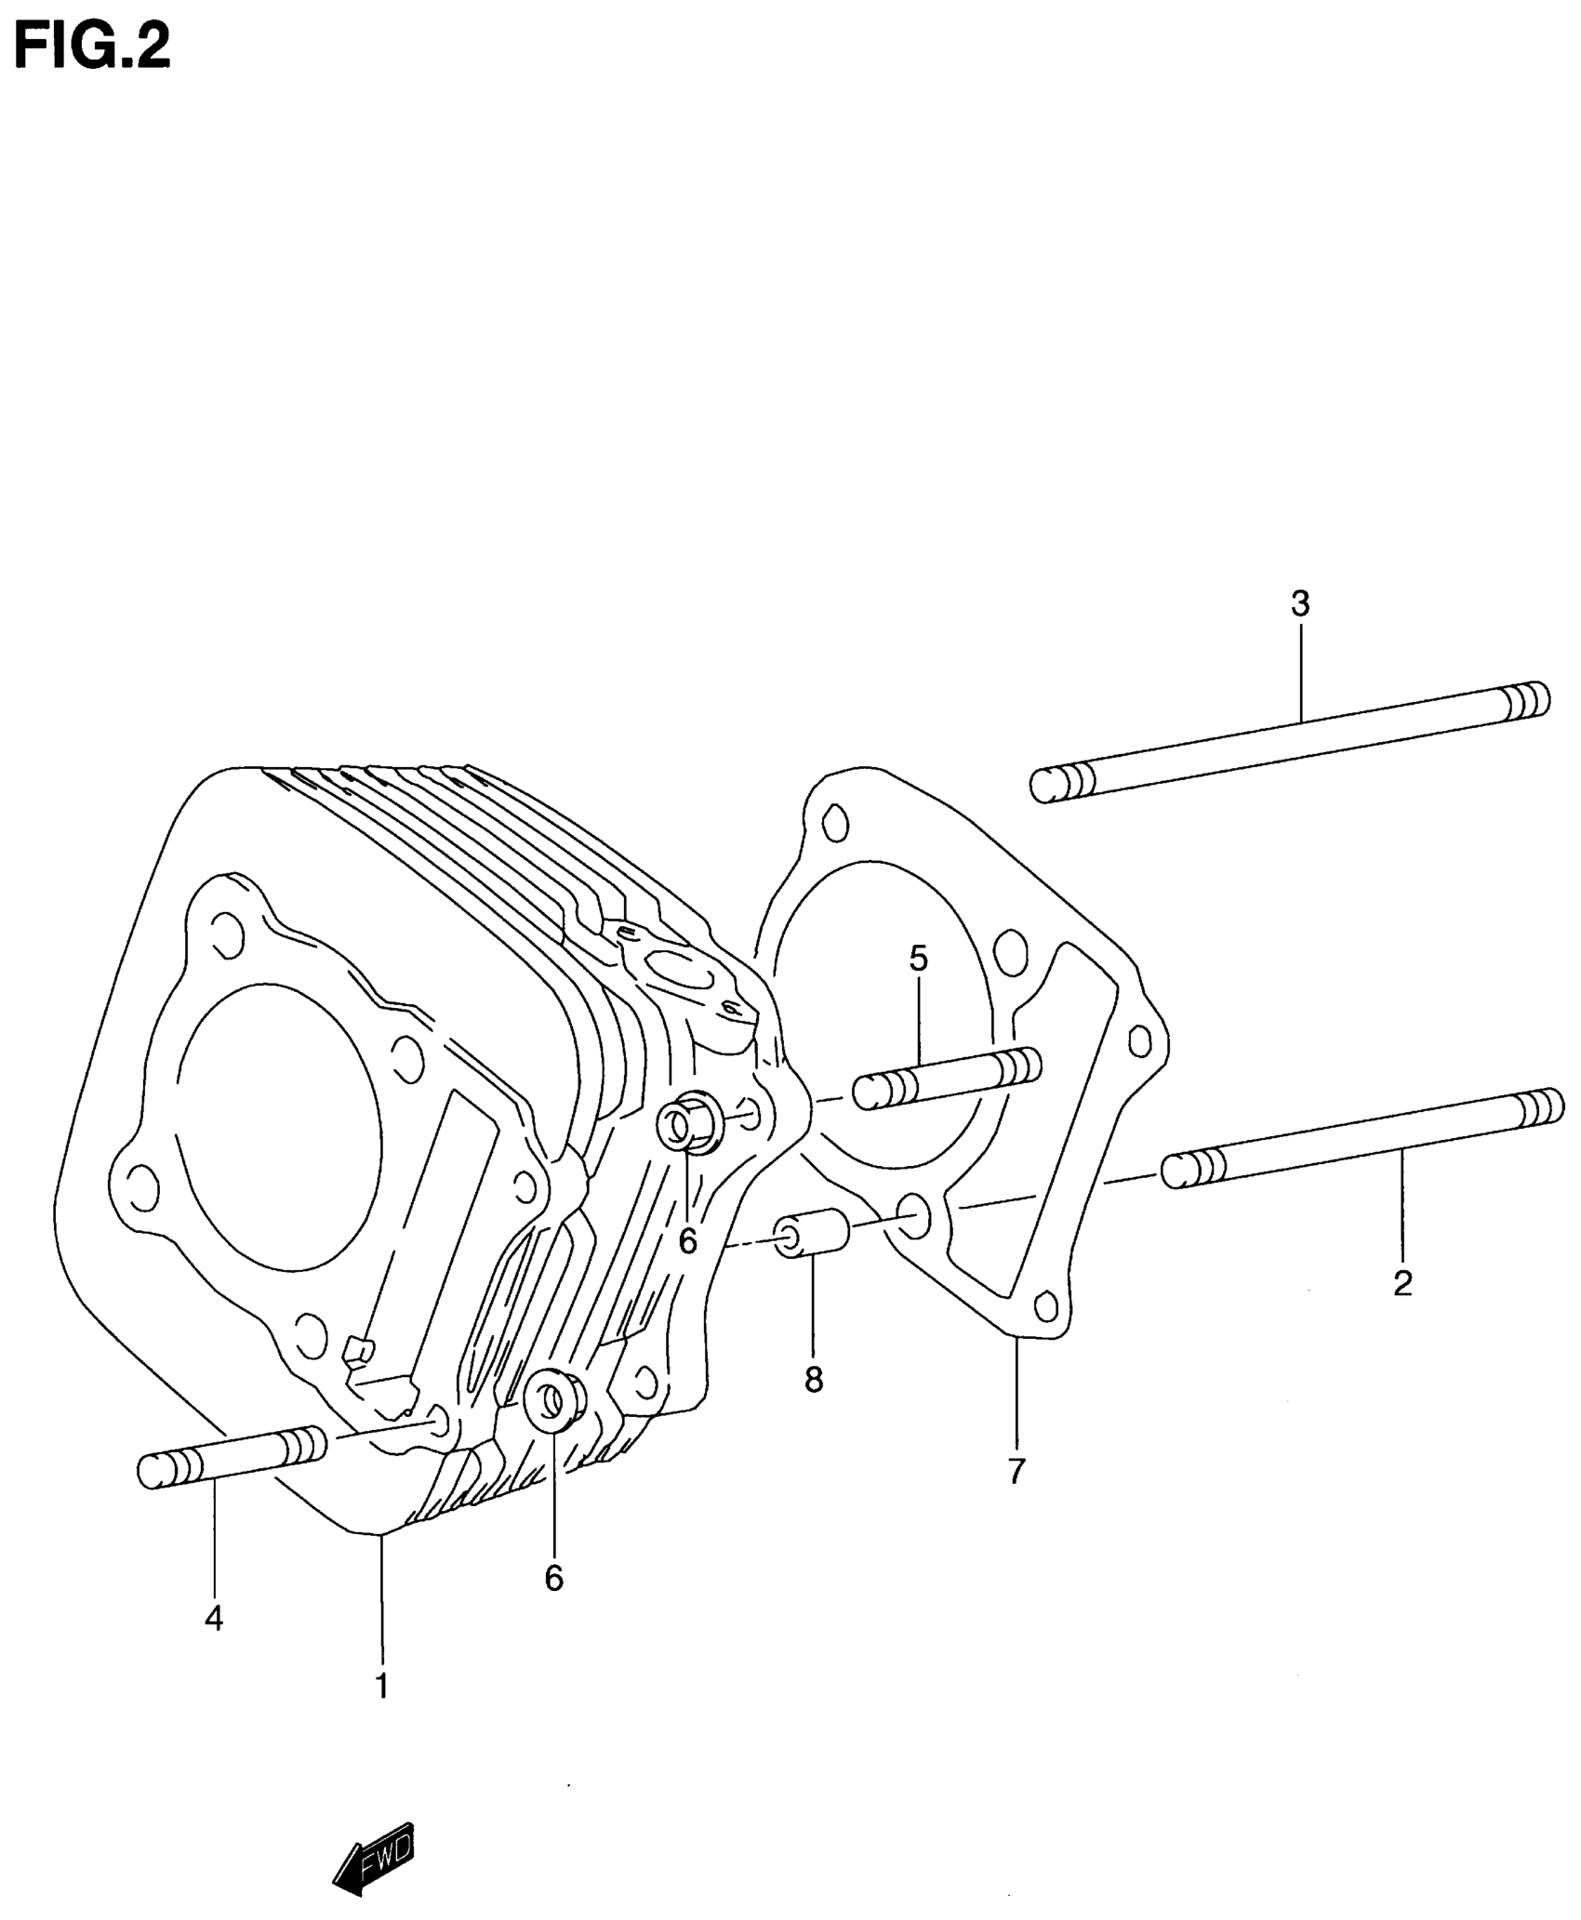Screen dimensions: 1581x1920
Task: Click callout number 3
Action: click(1300, 604)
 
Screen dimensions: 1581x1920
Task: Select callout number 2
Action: click(1402, 1284)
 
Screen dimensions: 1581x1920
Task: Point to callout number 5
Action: click(919, 959)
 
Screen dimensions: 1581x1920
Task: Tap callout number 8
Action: click(814, 1381)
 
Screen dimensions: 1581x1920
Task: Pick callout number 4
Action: click(214, 1619)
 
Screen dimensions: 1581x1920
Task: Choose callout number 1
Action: click(381, 1686)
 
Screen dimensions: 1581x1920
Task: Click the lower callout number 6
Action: click(554, 1578)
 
